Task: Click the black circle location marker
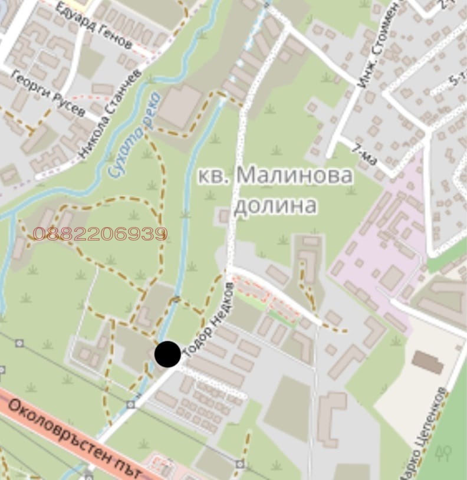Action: click(x=167, y=354)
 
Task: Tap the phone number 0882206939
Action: click(x=100, y=234)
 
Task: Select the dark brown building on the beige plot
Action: click(x=427, y=362)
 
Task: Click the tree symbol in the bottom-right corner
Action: click(x=443, y=453)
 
